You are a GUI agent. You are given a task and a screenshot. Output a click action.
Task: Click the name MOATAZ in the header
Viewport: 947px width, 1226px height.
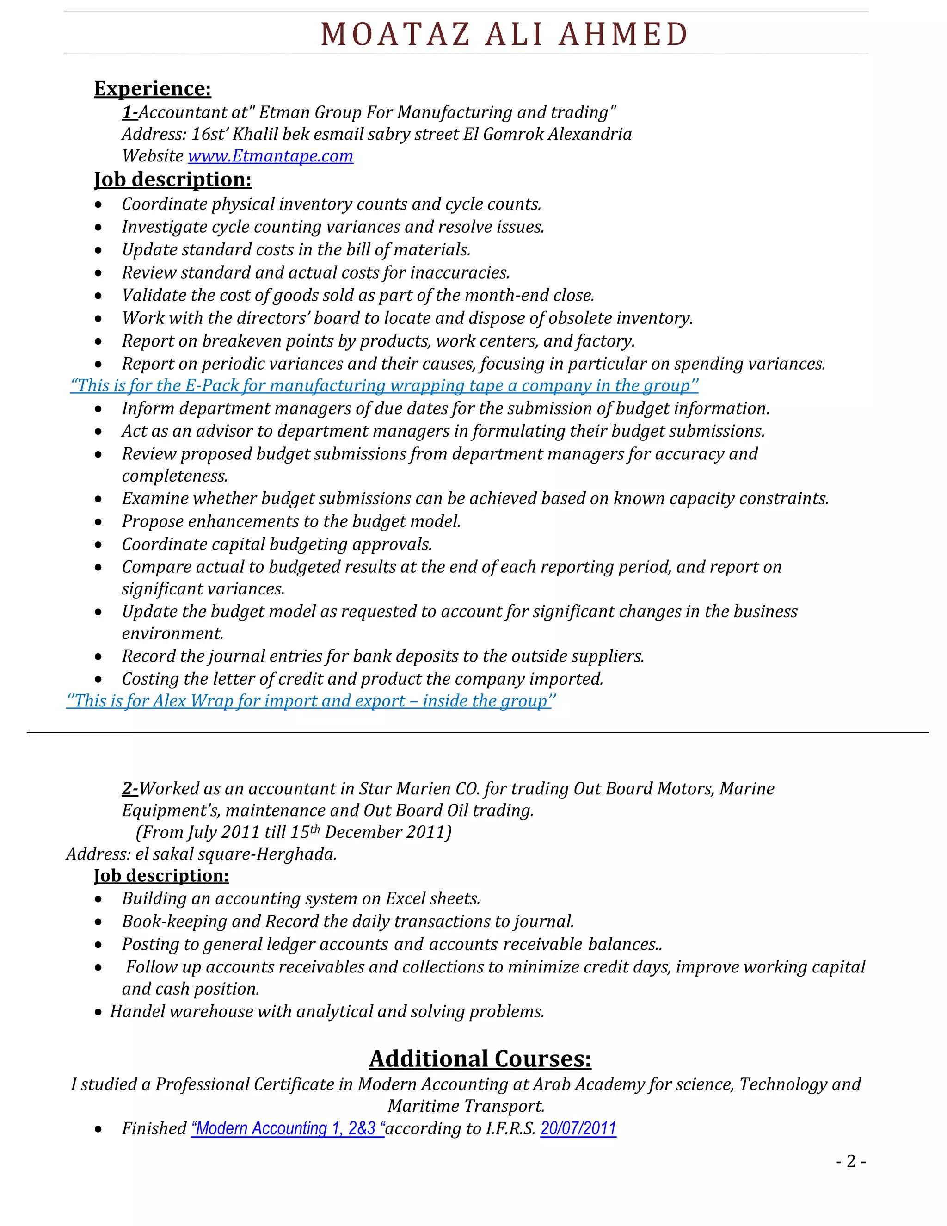coord(395,34)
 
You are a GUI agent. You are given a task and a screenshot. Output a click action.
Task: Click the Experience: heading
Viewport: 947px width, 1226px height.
coord(153,89)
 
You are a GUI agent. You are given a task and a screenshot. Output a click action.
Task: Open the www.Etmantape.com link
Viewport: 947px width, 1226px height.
coord(271,155)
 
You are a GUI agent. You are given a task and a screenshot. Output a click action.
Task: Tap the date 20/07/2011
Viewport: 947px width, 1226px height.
coord(578,1128)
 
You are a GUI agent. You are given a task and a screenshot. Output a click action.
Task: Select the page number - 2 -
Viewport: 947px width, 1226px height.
coord(850,1161)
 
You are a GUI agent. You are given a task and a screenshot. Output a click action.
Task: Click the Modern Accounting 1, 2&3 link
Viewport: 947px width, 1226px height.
coord(287,1128)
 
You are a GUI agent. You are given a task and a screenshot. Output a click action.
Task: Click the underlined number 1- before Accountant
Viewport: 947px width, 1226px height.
coord(129,112)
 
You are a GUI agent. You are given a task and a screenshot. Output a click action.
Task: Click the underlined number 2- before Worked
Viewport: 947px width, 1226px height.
coord(129,789)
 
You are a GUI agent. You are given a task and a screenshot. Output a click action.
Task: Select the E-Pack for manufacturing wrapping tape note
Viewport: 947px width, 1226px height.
coord(384,386)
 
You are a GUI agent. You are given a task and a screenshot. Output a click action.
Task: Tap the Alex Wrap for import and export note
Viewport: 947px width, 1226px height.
coord(310,701)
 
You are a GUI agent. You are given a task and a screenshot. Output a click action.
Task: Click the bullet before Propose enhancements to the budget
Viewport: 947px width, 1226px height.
coord(98,522)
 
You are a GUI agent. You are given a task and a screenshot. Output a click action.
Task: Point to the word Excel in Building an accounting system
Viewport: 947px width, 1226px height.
coord(405,899)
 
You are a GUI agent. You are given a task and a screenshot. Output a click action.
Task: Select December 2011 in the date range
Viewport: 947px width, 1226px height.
coord(387,832)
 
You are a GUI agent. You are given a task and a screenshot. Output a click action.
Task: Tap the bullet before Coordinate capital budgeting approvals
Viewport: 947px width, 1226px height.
coord(98,545)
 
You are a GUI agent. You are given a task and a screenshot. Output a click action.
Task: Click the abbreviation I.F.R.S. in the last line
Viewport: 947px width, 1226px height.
coord(510,1128)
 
